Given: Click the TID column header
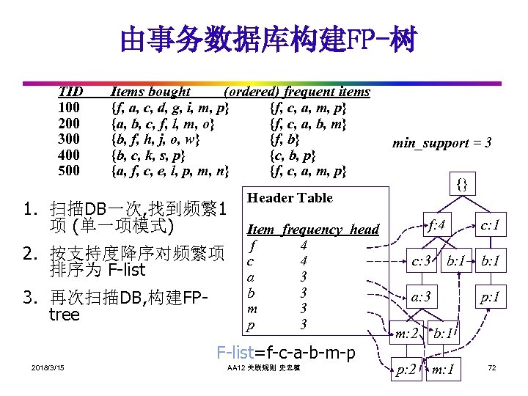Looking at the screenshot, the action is (x=71, y=92).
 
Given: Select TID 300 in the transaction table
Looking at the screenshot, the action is (x=70, y=139).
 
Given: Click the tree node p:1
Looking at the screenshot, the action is (x=490, y=298).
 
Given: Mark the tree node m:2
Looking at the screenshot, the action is (x=406, y=334).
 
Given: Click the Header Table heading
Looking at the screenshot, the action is (x=290, y=198).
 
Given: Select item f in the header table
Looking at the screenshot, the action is (x=252, y=245).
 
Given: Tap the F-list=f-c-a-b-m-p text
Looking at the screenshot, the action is (x=286, y=352).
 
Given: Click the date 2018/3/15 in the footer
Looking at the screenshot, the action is (x=48, y=367).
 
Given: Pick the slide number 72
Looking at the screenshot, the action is (x=491, y=367).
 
